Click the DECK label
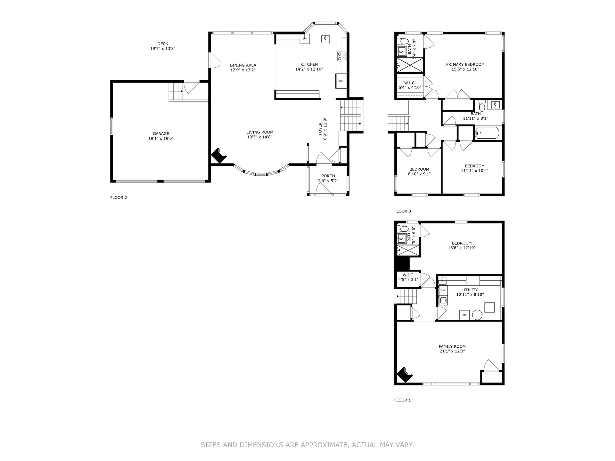point(163,44)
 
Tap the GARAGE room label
point(161,134)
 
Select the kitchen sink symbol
point(326,39)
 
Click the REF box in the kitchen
point(341,81)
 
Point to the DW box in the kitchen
point(305,39)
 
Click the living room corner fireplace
point(219,156)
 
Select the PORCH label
point(328,176)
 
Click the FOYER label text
point(320,129)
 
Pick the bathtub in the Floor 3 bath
point(487,133)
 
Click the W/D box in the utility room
point(443,290)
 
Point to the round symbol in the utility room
point(477,315)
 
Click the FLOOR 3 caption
point(402,211)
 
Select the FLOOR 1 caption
point(402,400)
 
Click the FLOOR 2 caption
point(119,198)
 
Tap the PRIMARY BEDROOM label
point(465,64)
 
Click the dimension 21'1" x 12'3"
point(452,351)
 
